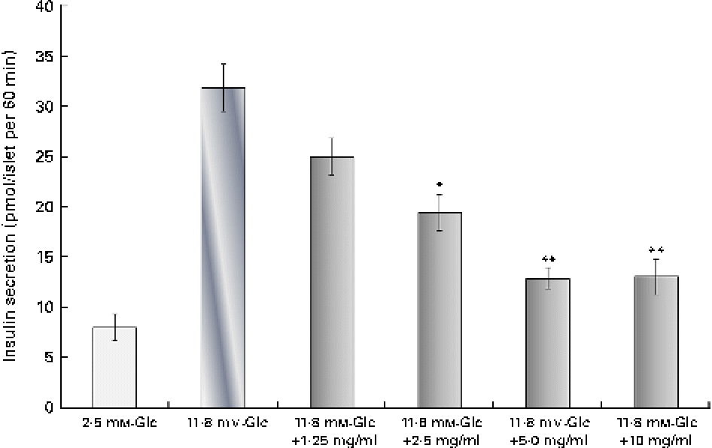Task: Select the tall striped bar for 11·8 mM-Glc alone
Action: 223,248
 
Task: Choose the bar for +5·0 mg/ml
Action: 548,343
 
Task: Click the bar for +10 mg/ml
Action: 656,342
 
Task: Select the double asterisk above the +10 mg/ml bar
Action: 656,250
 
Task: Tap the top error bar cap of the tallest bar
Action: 223,65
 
